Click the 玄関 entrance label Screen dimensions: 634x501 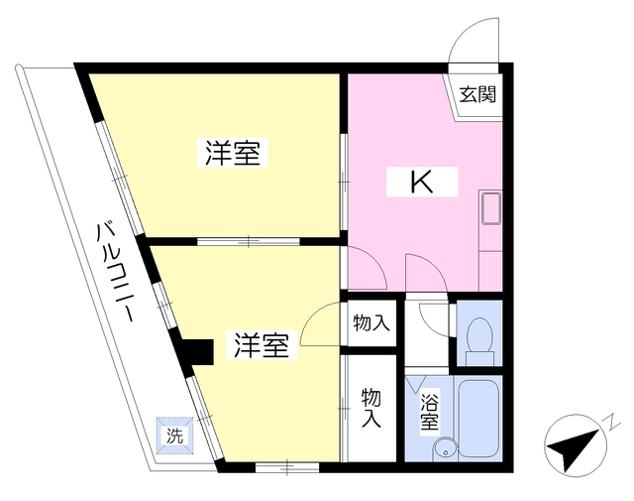pyautogui.click(x=477, y=95)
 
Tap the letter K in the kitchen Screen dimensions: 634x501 pyautogui.click(x=422, y=182)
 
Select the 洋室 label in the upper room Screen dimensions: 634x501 pyautogui.click(x=232, y=153)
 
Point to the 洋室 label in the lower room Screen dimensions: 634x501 pyautogui.click(x=262, y=345)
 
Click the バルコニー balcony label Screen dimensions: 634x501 pyautogui.click(x=115, y=272)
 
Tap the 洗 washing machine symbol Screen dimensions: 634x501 pyautogui.click(x=174, y=437)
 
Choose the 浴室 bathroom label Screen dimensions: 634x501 pyautogui.click(x=429, y=412)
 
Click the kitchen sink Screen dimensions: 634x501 pyautogui.click(x=490, y=208)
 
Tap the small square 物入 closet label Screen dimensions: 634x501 pyautogui.click(x=371, y=323)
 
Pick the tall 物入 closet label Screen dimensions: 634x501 pyautogui.click(x=371, y=408)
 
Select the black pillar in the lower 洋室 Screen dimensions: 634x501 pyautogui.click(x=199, y=352)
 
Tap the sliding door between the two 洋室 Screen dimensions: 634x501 pyautogui.click(x=249, y=242)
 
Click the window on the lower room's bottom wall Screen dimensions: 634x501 pyautogui.click(x=287, y=467)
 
